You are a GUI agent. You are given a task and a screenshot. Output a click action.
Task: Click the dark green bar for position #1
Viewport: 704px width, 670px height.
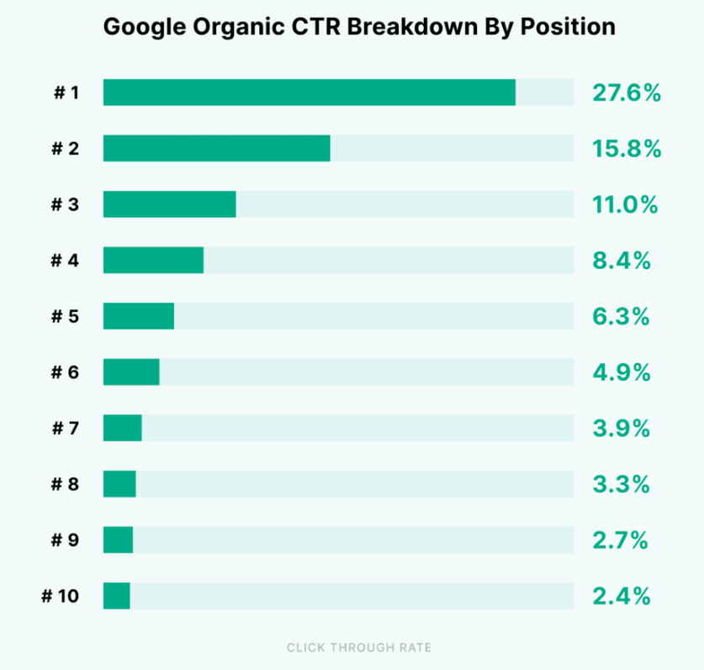(309, 92)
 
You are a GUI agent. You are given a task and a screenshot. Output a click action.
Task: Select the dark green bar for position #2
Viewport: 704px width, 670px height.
(216, 149)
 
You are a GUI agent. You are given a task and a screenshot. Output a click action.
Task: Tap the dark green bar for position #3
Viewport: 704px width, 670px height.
(169, 204)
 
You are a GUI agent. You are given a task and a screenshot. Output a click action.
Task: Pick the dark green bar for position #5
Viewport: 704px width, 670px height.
(138, 316)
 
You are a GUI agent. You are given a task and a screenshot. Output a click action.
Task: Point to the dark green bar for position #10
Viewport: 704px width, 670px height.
(116, 595)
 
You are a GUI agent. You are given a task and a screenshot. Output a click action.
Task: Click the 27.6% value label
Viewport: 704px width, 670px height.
(626, 92)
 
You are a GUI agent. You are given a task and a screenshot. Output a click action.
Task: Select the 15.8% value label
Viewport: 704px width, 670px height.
(626, 149)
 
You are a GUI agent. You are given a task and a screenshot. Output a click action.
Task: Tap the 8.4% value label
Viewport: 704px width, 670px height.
(622, 261)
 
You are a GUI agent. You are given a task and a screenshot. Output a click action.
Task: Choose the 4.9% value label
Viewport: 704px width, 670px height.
(622, 372)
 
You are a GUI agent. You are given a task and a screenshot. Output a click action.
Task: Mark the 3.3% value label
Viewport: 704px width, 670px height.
(622, 484)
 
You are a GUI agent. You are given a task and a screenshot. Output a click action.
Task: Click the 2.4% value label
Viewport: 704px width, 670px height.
(622, 596)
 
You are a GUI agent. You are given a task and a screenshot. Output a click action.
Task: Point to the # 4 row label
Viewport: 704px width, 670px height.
(65, 261)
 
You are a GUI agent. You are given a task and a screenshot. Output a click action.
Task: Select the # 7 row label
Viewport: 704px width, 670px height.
(65, 429)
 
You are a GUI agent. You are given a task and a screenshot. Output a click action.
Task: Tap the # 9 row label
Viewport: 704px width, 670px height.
(65, 540)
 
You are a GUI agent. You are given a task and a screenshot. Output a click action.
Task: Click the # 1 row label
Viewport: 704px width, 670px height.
(66, 92)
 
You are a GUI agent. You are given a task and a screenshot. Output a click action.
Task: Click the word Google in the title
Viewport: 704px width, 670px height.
(140, 27)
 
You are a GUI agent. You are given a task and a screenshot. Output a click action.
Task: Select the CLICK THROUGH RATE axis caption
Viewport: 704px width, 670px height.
(359, 647)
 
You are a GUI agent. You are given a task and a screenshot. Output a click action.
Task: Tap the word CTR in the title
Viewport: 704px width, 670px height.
(320, 27)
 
